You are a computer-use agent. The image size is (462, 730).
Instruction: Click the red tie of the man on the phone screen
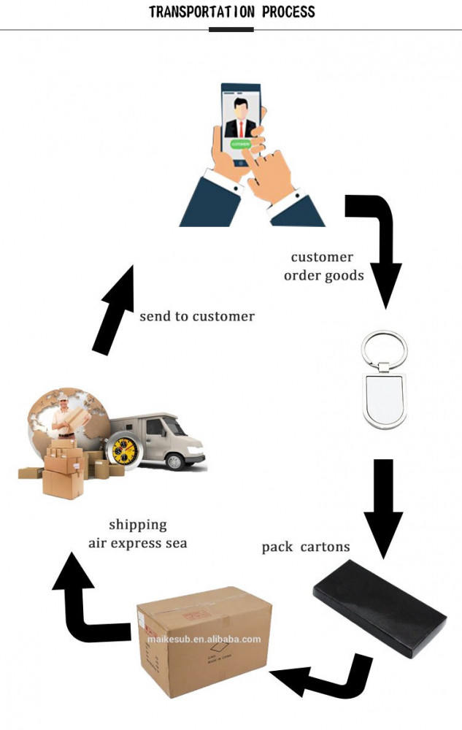tap(241, 128)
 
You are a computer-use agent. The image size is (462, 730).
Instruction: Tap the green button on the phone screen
tap(240, 145)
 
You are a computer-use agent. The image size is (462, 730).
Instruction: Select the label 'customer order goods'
tap(323, 266)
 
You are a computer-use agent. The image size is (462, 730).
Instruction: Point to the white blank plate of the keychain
tap(384, 401)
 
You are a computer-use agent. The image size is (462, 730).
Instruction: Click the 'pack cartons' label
tap(306, 547)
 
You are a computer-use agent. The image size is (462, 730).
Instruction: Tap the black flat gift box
tap(379, 607)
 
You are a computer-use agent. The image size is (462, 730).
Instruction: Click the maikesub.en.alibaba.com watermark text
tap(204, 639)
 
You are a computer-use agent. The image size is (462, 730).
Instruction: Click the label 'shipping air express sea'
tap(138, 534)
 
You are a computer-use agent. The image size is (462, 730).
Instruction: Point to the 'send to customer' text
tap(197, 316)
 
